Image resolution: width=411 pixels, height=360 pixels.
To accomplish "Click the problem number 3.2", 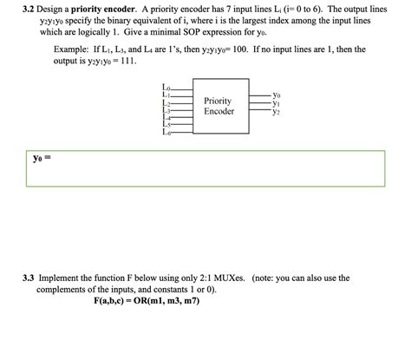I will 30,7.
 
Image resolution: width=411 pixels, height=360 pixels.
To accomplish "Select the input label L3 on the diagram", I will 166,111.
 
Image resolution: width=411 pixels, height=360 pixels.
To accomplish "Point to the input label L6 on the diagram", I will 166,134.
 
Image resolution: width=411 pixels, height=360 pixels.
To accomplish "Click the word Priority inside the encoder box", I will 217,101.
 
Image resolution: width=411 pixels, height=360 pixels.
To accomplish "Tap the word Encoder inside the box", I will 217,112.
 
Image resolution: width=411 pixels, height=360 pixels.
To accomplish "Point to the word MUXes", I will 237,278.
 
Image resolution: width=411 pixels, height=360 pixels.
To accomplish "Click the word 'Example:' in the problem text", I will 71,50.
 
